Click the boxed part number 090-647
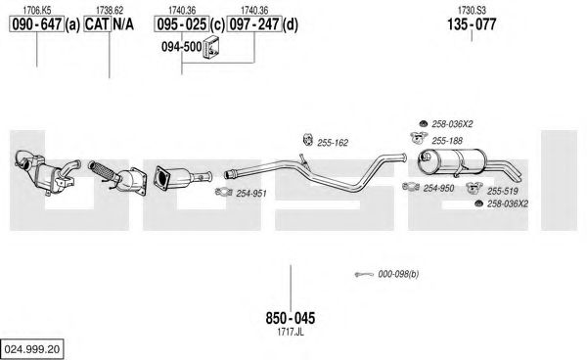pyautogui.click(x=37, y=24)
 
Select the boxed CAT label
pyautogui.click(x=97, y=24)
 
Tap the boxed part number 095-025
pyautogui.click(x=182, y=24)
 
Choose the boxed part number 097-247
pyautogui.click(x=254, y=24)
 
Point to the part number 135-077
pyautogui.click(x=472, y=24)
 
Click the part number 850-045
pyautogui.click(x=291, y=318)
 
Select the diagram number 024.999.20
pyautogui.click(x=32, y=349)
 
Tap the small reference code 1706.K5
pyautogui.click(x=37, y=10)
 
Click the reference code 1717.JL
pyautogui.click(x=291, y=332)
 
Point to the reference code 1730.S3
pyautogui.click(x=472, y=10)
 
